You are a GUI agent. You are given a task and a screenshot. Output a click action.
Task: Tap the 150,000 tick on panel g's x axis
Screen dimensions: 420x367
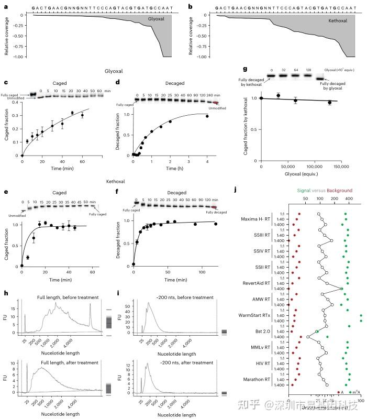[341, 167]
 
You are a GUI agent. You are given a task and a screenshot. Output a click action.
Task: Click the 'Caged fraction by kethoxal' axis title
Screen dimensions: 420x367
[245, 127]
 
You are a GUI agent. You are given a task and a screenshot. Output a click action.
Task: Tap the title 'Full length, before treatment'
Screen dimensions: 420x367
[68, 297]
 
